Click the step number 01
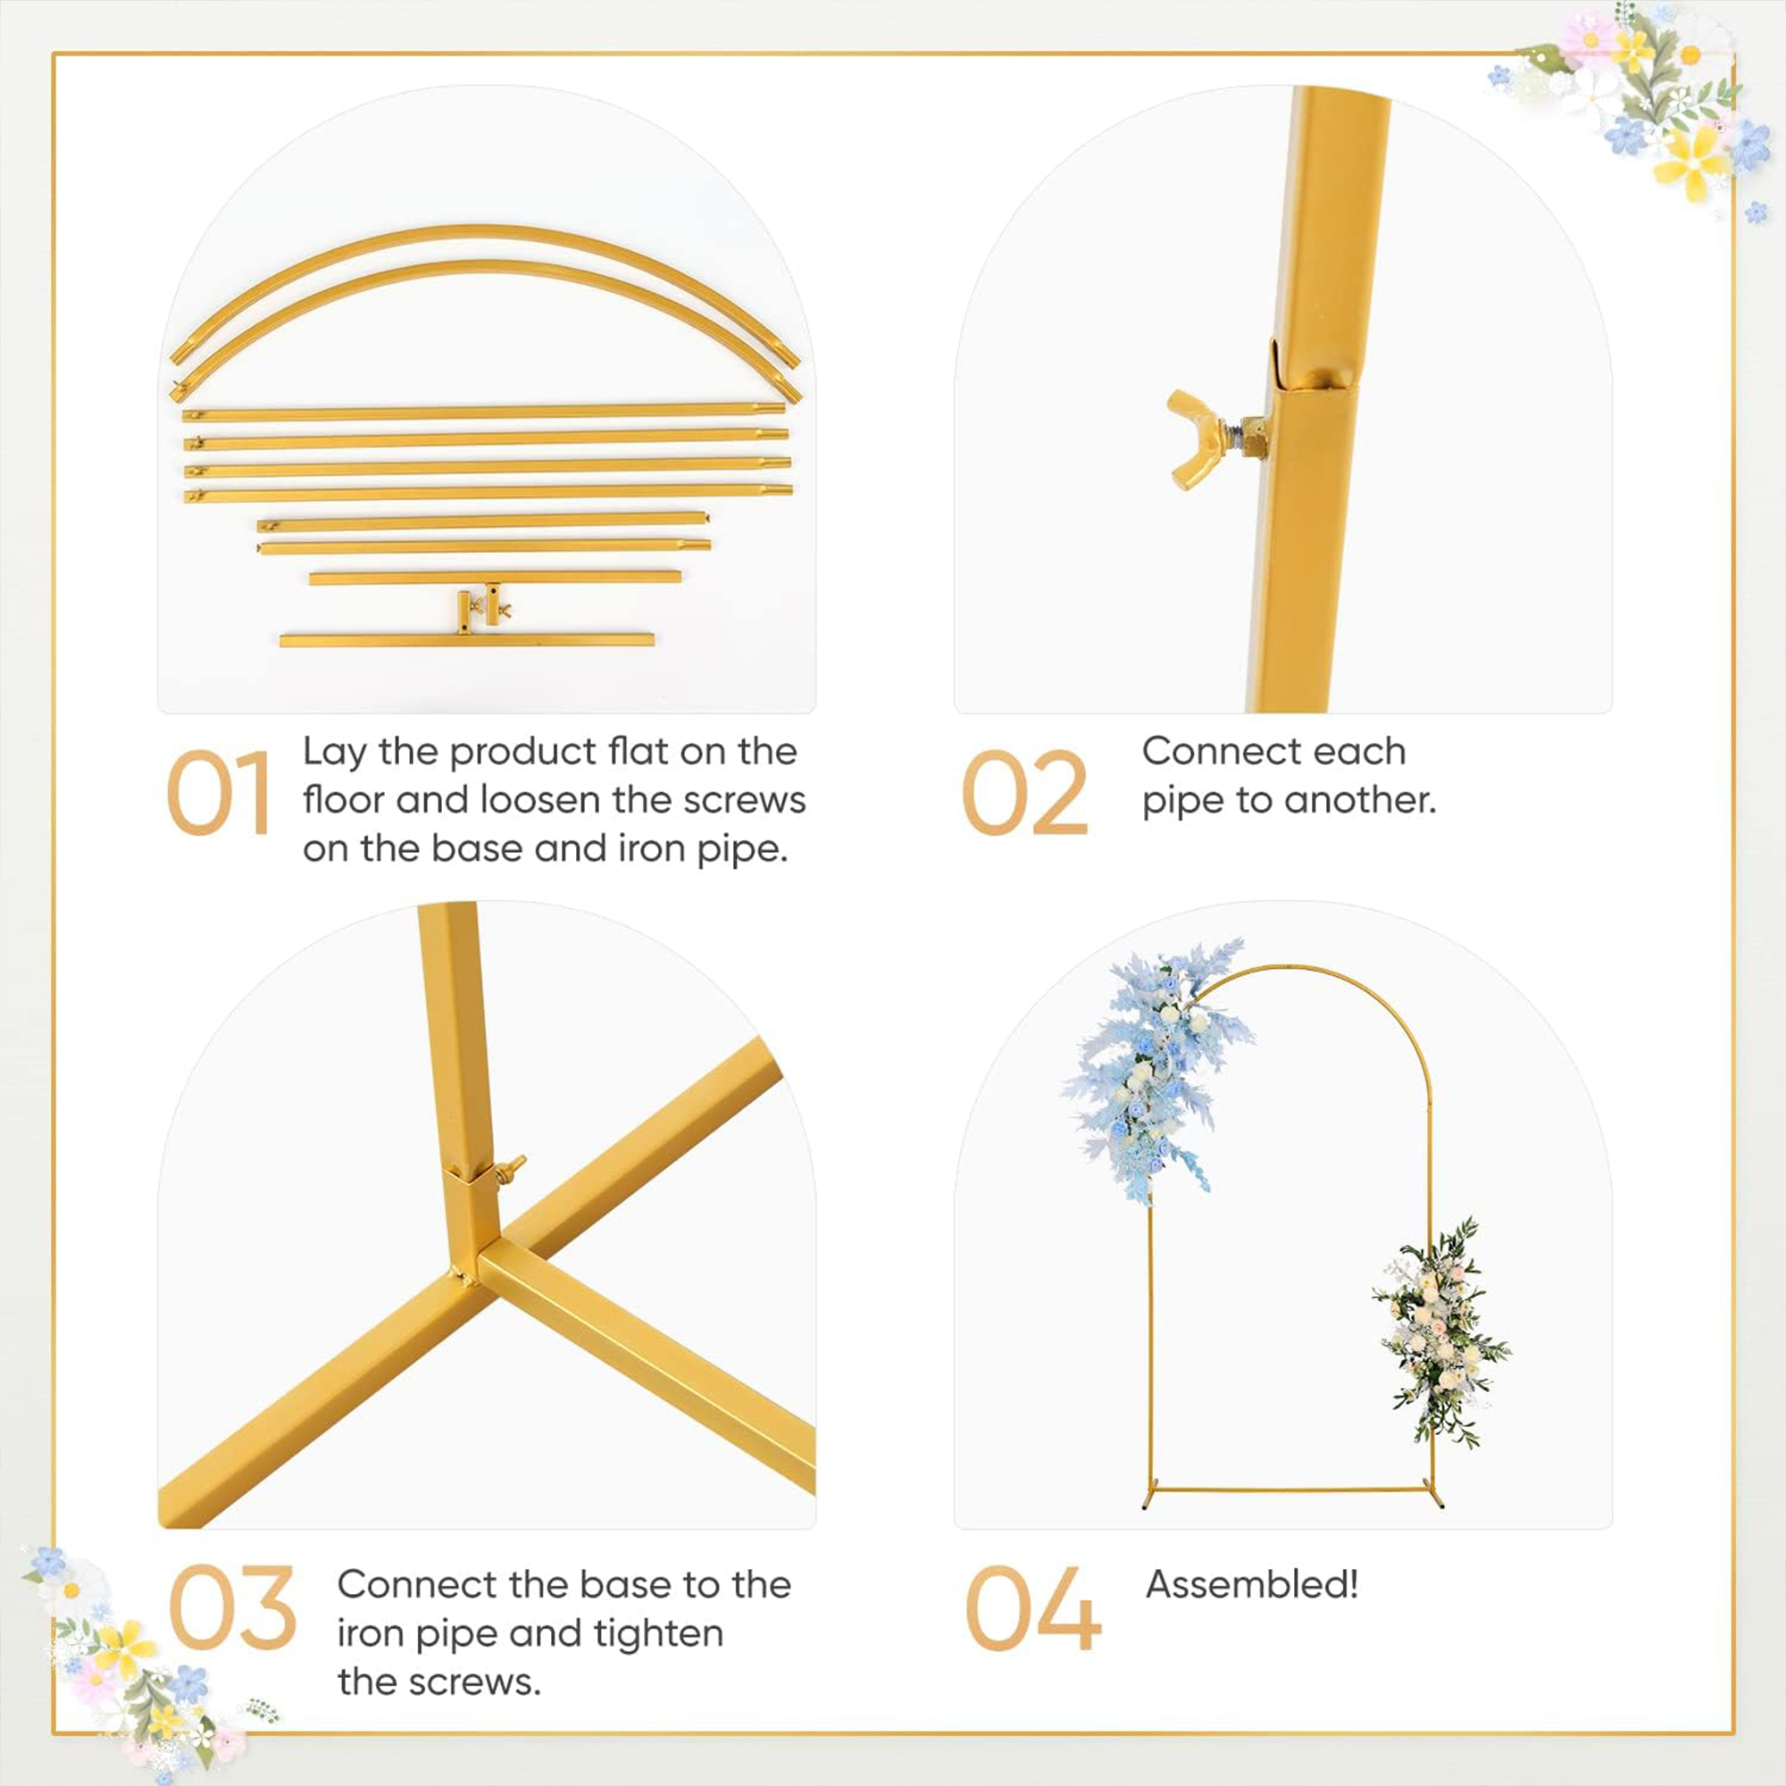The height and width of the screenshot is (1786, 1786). pyautogui.click(x=218, y=793)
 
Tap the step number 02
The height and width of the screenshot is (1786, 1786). pyautogui.click(x=1024, y=793)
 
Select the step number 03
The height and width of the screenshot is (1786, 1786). pyautogui.click(x=231, y=1607)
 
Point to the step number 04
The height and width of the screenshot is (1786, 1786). pyautogui.click(x=1032, y=1607)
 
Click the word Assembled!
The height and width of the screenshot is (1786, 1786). pyautogui.click(x=1252, y=1584)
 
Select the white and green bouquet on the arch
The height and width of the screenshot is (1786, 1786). pyautogui.click(x=1439, y=1331)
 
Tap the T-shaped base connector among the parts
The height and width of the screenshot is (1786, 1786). pyautogui.click(x=482, y=606)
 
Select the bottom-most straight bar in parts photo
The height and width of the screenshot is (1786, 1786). pyautogui.click(x=467, y=639)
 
